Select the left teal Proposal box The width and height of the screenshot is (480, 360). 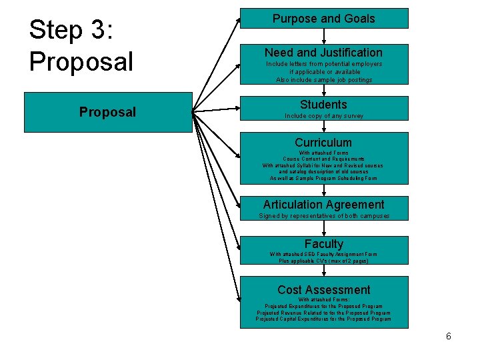coord(107,112)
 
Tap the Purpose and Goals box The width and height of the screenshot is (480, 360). coord(323,19)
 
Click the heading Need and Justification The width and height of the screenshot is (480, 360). coord(323,52)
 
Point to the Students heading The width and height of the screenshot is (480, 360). coord(323,104)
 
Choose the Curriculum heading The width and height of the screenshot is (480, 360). coord(323,142)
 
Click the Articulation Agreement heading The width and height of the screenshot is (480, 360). coord(323,205)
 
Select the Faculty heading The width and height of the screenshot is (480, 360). coord(323,244)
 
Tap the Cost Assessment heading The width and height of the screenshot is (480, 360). coord(323,289)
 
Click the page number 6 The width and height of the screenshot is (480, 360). coord(449,336)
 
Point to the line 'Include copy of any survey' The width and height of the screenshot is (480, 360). coord(324,116)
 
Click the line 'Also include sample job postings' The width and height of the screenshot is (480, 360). coord(324,80)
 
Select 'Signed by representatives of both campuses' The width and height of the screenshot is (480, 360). coord(324,216)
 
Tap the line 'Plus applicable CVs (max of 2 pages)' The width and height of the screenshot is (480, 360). coord(323,261)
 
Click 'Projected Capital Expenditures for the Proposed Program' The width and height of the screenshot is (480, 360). coord(323,319)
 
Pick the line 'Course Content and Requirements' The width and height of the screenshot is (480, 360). coord(323,159)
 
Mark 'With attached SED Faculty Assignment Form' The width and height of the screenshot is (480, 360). coord(323,254)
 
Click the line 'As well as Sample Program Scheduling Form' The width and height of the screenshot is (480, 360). coord(323,178)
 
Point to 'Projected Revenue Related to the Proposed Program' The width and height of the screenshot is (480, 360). coord(323,313)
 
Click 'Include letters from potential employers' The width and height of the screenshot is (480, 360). coord(324,64)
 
